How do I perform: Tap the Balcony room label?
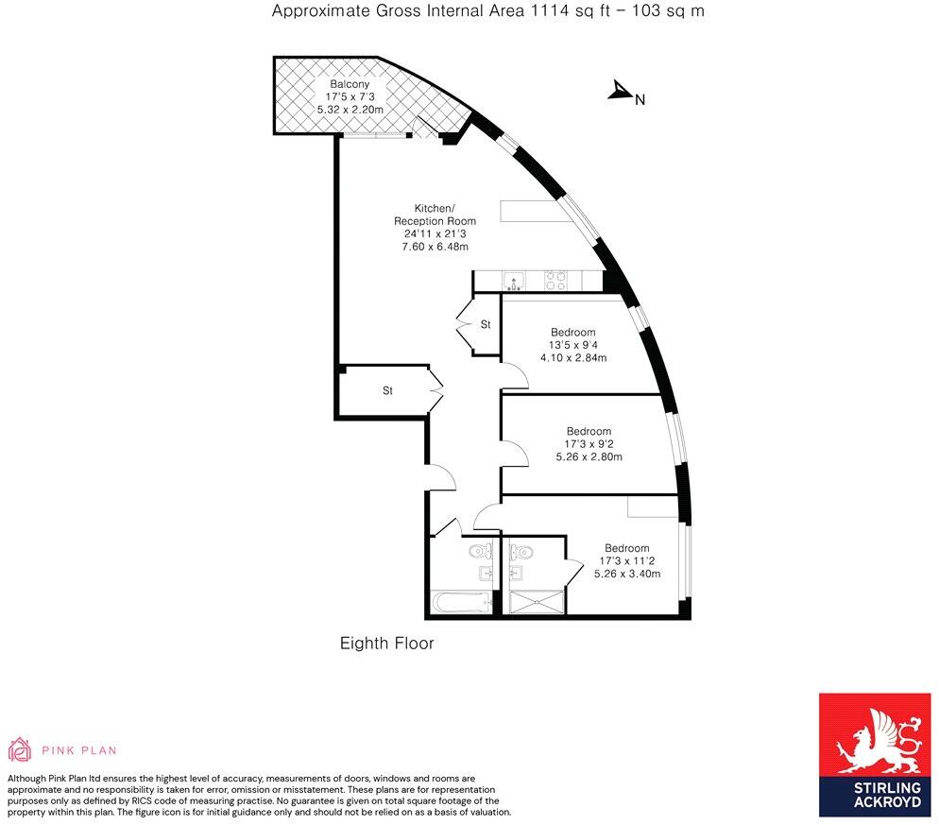tap(350, 84)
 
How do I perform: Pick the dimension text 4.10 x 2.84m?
tap(572, 358)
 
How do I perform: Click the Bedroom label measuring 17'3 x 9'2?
tap(589, 431)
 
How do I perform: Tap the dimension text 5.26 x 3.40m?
tap(626, 573)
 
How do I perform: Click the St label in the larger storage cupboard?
tap(387, 390)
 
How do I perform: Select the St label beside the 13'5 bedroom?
tap(486, 324)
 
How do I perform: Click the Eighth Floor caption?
tap(386, 644)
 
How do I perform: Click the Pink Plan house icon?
tap(20, 750)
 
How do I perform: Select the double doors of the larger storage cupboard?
tap(435, 388)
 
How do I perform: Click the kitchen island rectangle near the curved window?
tap(534, 212)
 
